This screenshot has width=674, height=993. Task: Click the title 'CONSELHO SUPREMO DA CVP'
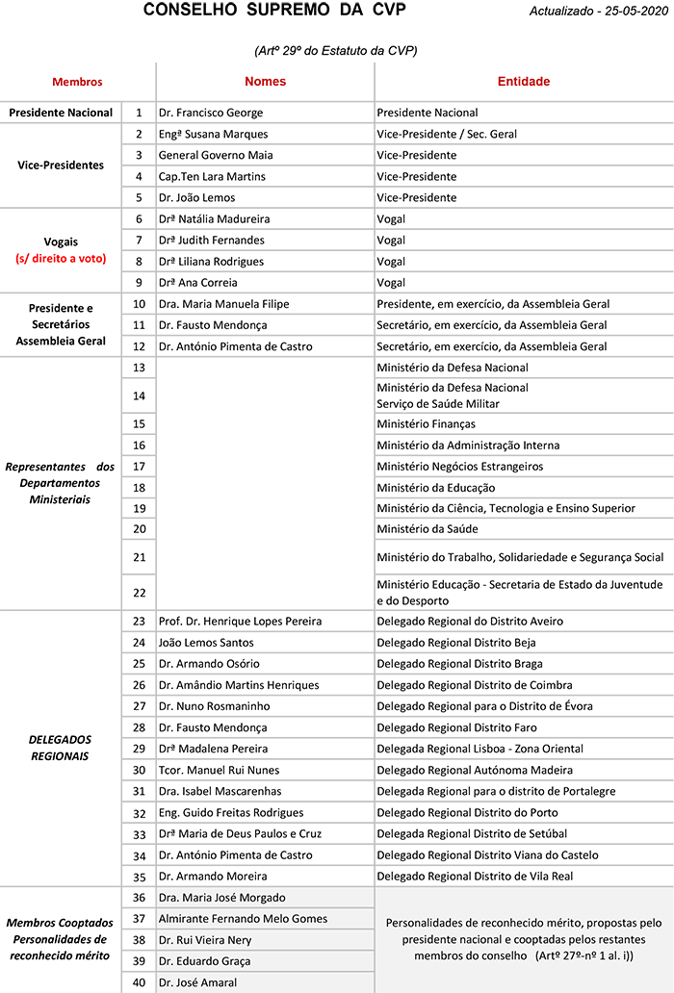274,11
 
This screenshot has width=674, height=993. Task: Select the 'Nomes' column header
265,82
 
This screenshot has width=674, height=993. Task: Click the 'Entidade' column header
523,82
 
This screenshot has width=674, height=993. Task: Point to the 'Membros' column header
77,83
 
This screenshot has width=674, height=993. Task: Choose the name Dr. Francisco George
211,114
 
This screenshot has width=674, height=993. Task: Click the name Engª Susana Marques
213,135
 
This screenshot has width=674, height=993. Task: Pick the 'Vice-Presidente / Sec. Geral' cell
447,135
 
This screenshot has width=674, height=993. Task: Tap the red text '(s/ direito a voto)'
61,259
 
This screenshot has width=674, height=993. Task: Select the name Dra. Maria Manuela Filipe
223,304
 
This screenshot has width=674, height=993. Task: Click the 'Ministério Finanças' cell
426,424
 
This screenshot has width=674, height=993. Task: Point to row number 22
139,592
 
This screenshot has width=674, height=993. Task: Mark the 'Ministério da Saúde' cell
428,529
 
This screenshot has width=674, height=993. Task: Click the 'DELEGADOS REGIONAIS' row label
61,748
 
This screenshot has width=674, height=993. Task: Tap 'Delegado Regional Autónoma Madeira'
475,770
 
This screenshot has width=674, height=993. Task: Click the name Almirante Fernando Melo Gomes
243,919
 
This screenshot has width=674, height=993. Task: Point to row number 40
139,982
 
